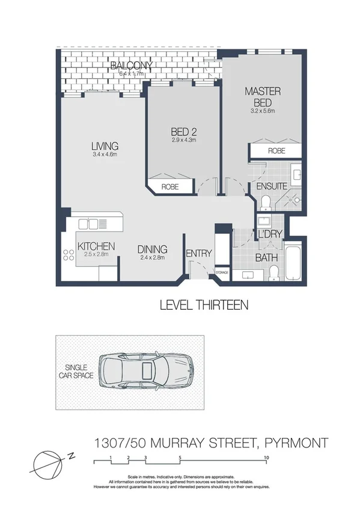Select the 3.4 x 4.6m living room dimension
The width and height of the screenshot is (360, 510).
[105, 155]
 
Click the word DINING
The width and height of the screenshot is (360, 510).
[152, 250]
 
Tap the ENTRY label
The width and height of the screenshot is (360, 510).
[198, 253]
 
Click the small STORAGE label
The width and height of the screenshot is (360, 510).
[222, 273]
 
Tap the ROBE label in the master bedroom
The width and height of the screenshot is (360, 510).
[276, 151]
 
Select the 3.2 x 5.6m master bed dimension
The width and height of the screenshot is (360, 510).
[263, 111]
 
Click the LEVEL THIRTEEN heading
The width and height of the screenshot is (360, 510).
[204, 305]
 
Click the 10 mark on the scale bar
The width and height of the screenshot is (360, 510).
[266, 458]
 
